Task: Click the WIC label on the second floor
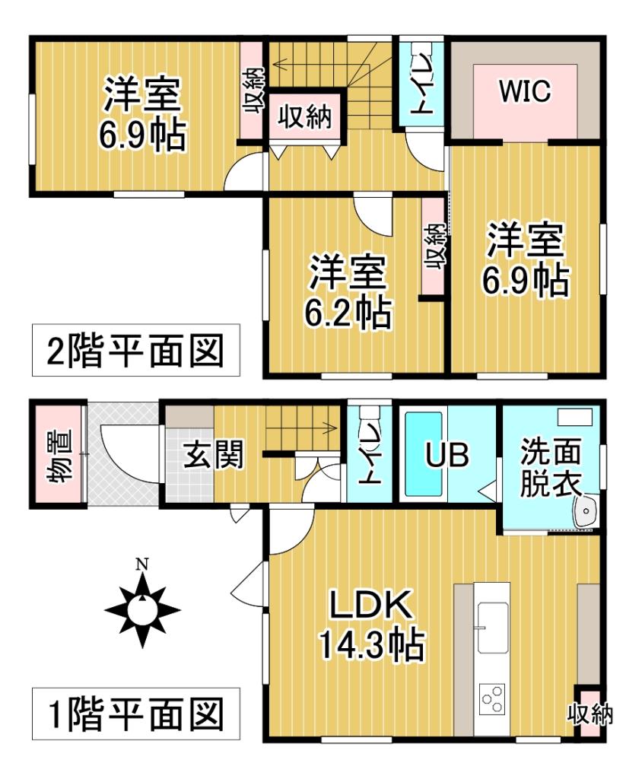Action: pyautogui.click(x=524, y=91)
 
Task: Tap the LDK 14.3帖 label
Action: pyautogui.click(x=370, y=625)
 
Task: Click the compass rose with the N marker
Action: pyautogui.click(x=141, y=609)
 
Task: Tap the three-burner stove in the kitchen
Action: pyautogui.click(x=492, y=698)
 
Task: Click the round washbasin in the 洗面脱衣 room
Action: pyautogui.click(x=586, y=514)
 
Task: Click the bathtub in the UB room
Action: pyautogui.click(x=425, y=453)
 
